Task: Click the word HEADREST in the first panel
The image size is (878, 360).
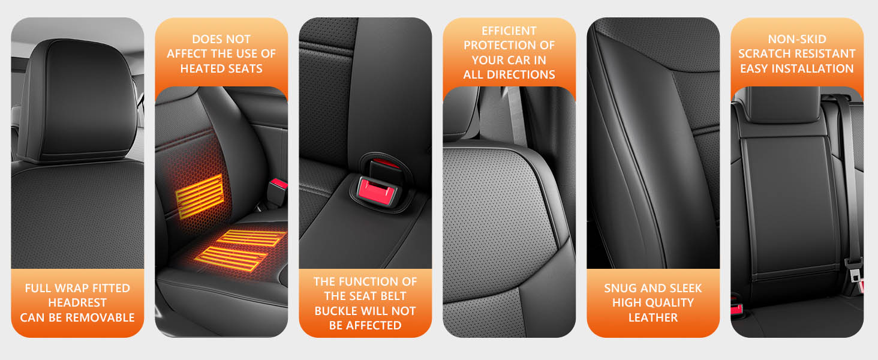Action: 77,303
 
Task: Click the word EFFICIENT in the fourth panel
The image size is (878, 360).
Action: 509,31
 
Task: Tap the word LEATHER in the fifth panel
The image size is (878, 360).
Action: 653,317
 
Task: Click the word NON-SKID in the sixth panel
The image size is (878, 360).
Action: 797,39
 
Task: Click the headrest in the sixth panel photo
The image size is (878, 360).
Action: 783,104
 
